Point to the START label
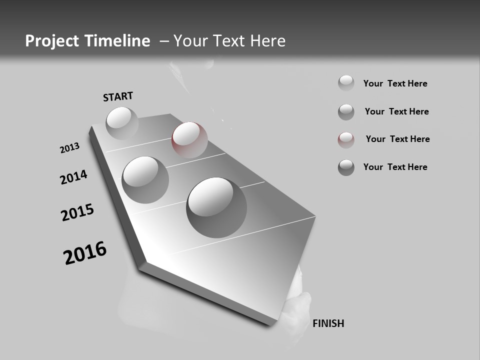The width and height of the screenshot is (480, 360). [118, 96]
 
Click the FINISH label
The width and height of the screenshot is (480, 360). [328, 323]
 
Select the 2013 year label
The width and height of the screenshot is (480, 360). [69, 148]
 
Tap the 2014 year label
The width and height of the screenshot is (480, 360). [74, 177]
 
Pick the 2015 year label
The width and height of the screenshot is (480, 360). [77, 212]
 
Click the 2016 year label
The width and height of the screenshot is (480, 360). [85, 253]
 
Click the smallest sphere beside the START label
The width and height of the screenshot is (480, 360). [122, 123]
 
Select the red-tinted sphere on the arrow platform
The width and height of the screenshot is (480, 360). [189, 139]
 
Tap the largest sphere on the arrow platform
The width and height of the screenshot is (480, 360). [216, 207]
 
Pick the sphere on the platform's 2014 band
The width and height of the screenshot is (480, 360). [145, 179]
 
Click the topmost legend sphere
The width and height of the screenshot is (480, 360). [346, 83]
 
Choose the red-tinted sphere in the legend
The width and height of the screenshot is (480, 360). [346, 140]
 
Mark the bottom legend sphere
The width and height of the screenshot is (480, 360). [346, 167]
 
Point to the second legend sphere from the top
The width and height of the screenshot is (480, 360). [346, 112]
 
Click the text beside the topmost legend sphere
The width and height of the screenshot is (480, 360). [395, 83]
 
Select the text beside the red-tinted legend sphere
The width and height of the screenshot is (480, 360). [397, 139]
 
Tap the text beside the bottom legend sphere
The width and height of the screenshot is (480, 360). [395, 167]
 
